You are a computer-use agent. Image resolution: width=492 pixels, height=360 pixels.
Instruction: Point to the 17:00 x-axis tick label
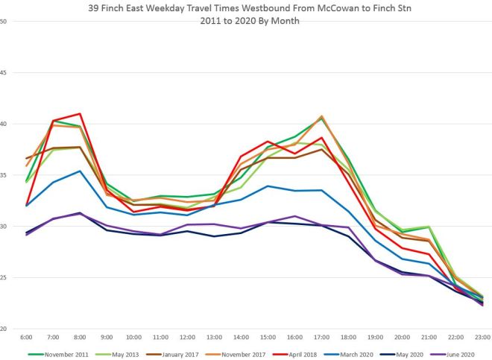(x=321, y=337)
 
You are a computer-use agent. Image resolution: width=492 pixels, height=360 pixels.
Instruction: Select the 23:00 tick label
(x=482, y=337)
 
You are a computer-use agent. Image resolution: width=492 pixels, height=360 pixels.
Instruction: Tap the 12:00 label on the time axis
(x=188, y=337)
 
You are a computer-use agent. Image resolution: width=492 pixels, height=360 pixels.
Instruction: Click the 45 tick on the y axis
(x=4, y=72)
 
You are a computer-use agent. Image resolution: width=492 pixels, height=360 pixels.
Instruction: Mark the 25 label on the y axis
(x=4, y=277)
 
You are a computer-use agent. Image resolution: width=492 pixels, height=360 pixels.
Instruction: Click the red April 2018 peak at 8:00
(x=80, y=114)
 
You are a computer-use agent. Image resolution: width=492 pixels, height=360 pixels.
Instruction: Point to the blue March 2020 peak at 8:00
(x=80, y=171)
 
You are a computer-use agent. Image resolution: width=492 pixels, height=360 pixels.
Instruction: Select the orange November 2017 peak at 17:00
(x=321, y=116)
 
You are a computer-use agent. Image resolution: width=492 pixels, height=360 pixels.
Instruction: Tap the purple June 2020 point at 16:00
(x=294, y=216)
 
